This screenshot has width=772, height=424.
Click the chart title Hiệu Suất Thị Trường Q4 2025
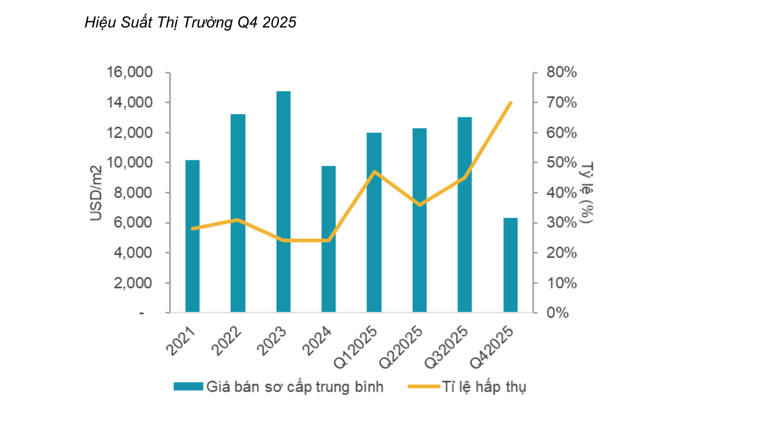[190, 23]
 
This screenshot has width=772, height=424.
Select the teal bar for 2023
[283, 201]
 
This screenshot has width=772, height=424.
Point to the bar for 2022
[238, 213]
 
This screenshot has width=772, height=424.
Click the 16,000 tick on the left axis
[129, 72]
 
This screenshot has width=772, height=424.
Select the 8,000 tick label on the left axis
[133, 192]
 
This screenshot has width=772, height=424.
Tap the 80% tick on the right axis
[561, 72]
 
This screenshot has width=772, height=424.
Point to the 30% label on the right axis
[561, 223]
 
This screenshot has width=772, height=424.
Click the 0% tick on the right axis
[557, 313]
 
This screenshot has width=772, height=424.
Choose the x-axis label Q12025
[356, 347]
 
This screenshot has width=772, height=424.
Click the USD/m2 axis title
[96, 193]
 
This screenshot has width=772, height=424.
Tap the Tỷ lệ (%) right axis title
[586, 193]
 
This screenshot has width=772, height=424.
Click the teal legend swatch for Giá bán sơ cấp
[188, 387]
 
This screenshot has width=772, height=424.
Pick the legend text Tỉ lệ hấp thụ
[484, 387]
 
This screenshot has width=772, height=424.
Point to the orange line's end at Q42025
[511, 103]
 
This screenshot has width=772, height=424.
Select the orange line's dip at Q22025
[420, 205]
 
